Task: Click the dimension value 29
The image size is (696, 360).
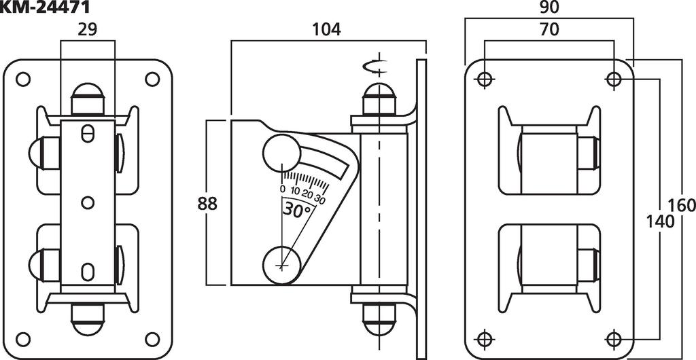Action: click(87, 31)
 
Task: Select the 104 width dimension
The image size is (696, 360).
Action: click(326, 30)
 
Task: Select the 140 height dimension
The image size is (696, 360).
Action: click(659, 221)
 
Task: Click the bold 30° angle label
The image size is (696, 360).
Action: click(298, 210)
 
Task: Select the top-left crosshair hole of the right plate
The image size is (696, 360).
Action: click(484, 79)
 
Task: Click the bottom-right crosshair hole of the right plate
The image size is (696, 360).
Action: click(614, 338)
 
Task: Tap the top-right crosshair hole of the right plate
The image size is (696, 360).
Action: click(614, 79)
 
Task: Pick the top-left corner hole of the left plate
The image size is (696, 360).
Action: click(23, 79)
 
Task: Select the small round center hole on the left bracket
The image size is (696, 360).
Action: click(87, 202)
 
